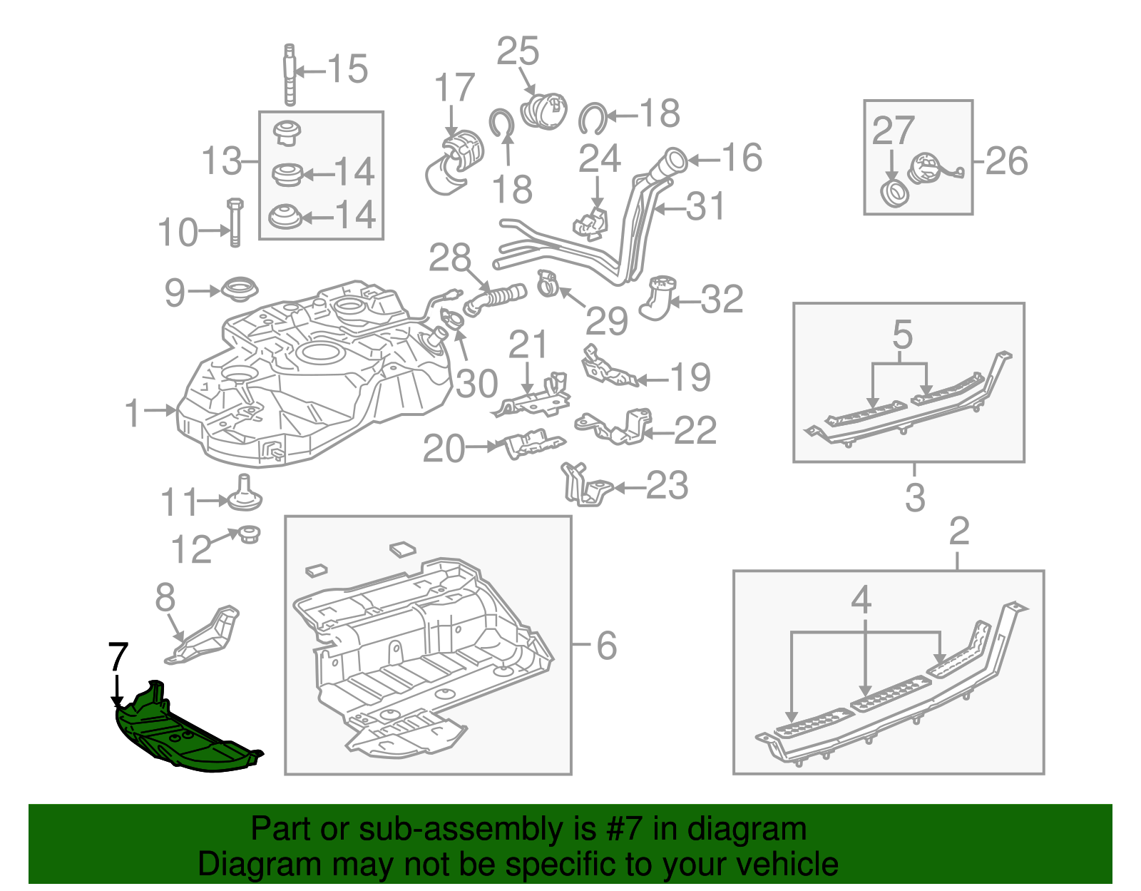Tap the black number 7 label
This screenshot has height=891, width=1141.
tap(118, 657)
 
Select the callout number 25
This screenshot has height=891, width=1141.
tap(518, 51)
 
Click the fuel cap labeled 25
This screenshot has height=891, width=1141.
tap(545, 111)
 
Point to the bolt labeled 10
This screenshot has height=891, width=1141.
tap(235, 222)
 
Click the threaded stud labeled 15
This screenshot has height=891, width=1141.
tap(290, 74)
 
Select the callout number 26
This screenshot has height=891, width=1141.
tap(1007, 161)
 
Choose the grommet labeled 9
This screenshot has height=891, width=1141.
tap(240, 291)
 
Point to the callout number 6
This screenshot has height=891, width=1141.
tap(606, 646)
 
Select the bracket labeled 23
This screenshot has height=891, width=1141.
tap(585, 485)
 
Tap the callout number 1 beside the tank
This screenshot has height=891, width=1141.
tap(133, 413)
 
